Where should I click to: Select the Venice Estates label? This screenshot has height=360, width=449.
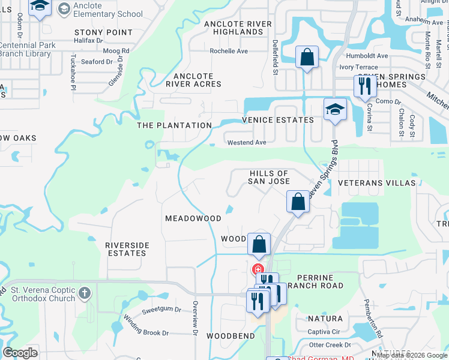click(277, 120)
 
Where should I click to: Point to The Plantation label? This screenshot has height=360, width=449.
click(174, 125)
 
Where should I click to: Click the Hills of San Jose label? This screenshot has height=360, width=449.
click(270, 177)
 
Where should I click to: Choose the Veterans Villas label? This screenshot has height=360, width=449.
click(368, 182)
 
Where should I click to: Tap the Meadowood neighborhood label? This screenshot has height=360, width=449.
click(193, 218)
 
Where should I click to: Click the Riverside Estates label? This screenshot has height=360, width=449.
click(126, 249)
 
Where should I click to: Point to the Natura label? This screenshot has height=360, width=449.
click(326, 319)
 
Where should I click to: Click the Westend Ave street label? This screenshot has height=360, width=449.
click(247, 143)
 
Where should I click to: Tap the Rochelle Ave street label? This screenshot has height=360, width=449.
click(229, 51)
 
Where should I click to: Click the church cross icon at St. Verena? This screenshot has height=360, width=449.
click(85, 293)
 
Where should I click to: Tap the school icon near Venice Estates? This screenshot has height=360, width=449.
click(336, 109)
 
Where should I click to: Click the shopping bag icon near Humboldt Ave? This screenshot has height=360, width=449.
click(307, 58)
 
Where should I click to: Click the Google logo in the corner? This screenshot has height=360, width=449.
click(20, 353)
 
